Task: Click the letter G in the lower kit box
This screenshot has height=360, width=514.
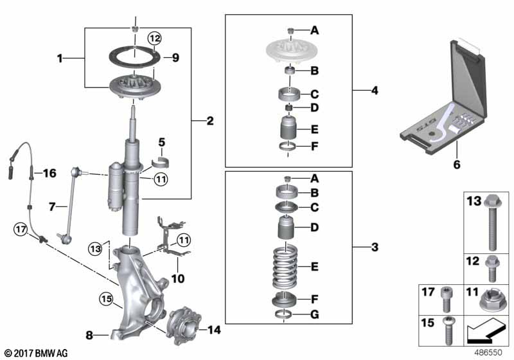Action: pos(314,314)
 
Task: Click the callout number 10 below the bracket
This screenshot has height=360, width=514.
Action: pos(178,279)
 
